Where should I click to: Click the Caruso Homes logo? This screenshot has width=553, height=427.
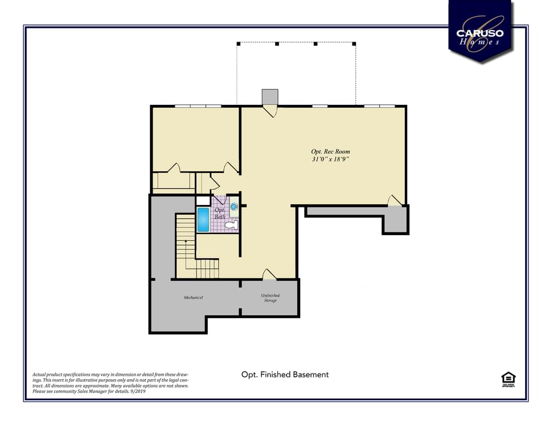(480, 31)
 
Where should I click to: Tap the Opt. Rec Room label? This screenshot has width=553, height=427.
(330, 151)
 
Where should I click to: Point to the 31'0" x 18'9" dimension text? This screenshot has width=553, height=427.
(330, 159)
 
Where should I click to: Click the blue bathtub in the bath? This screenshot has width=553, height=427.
(203, 220)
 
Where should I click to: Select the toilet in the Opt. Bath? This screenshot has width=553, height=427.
(231, 225)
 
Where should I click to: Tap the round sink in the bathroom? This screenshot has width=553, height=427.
(234, 207)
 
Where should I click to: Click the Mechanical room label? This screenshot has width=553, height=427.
(193, 298)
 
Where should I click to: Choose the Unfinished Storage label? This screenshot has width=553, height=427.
(270, 298)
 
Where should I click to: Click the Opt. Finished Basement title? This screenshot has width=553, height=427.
(285, 375)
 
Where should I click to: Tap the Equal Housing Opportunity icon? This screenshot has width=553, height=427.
(508, 379)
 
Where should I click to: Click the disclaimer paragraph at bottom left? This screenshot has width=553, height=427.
(110, 383)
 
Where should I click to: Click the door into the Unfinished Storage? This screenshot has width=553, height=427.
(269, 274)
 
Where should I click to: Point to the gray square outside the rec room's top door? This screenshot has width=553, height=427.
(270, 97)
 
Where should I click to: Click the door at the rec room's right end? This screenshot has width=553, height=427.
(395, 200)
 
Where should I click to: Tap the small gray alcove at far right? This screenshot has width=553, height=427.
(395, 220)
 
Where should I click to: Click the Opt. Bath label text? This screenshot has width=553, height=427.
(220, 213)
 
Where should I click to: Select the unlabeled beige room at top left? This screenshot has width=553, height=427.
(195, 138)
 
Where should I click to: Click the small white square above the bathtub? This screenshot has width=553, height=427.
(203, 200)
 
